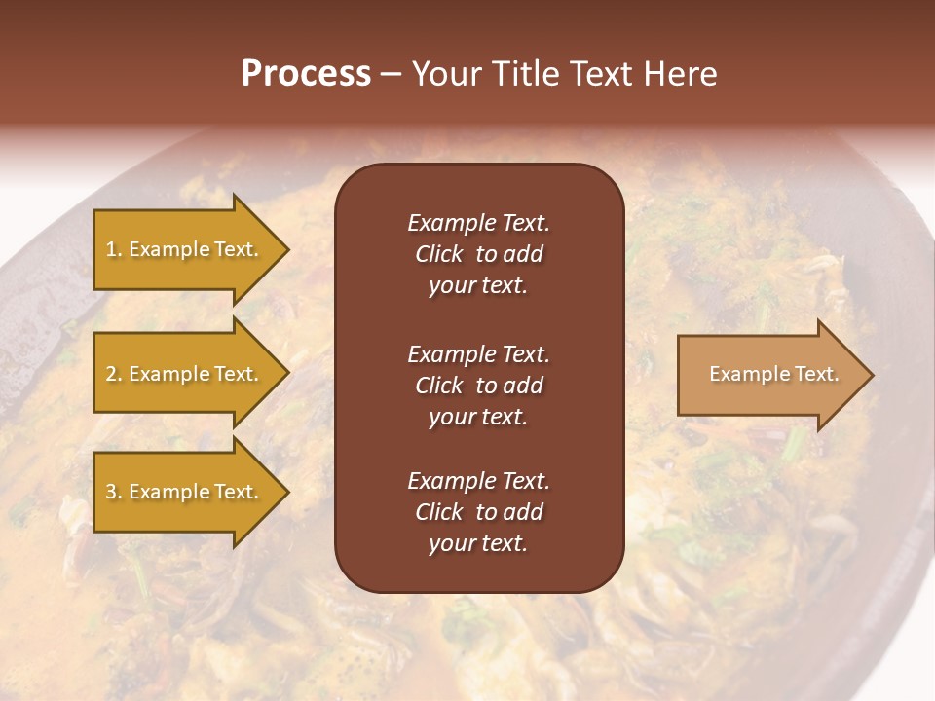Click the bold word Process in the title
(x=306, y=74)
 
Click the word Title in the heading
(x=526, y=74)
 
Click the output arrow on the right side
(x=769, y=374)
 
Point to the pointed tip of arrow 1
(x=286, y=250)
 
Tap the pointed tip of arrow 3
(x=286, y=492)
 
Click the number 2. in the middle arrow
(x=113, y=374)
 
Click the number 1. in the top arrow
(x=113, y=249)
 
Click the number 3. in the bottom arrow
(x=113, y=492)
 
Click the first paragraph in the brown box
(x=478, y=254)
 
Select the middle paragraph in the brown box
(x=478, y=386)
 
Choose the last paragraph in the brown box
(x=478, y=512)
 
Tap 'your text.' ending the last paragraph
(x=478, y=543)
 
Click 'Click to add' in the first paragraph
(x=478, y=254)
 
